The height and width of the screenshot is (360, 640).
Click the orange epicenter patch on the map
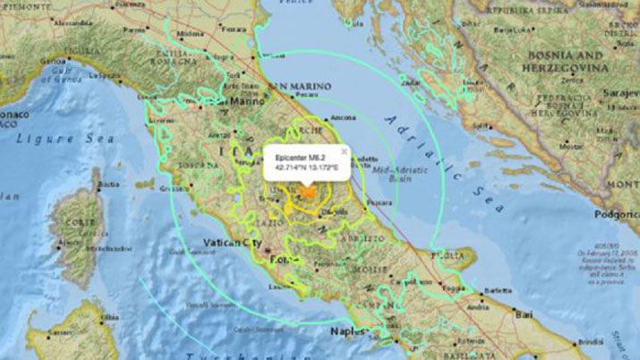point(307,192)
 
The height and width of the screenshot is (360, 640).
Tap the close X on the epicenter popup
point(343,152)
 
